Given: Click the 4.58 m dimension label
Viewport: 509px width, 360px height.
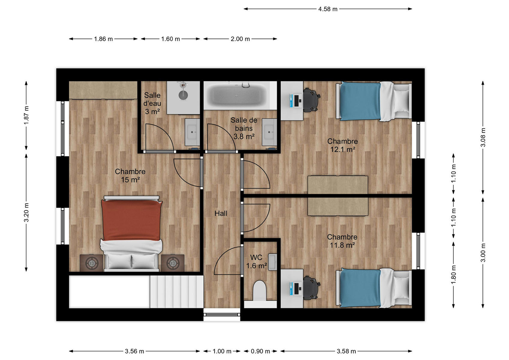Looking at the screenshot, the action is [328, 9].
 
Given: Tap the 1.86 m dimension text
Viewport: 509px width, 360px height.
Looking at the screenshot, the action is [103, 39].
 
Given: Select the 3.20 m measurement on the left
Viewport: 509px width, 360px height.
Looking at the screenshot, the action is [26, 212].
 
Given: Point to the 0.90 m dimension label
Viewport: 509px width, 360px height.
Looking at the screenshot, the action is [260, 351].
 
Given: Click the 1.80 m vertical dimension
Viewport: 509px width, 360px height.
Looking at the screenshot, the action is [453, 274].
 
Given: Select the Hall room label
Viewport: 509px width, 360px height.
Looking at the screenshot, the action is [221, 214].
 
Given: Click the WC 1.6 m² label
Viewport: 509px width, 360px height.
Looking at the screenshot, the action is [256, 261].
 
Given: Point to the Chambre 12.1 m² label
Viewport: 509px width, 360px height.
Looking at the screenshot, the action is [342, 145].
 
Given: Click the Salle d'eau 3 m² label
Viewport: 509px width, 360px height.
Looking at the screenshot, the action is [152, 103].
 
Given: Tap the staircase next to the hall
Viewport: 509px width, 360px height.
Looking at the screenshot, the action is [176, 292].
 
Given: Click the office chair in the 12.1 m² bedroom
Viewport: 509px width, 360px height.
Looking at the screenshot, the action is [311, 100].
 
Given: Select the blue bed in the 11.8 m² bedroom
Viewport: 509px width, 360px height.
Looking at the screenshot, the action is [374, 288].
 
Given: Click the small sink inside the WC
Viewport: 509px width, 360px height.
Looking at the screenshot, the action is [273, 262].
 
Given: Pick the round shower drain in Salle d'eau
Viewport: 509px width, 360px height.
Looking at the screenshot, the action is [183, 95].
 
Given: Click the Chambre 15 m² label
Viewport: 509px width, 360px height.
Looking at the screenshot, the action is [130, 175].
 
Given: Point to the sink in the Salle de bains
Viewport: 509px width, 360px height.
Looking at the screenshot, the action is [269, 132].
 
